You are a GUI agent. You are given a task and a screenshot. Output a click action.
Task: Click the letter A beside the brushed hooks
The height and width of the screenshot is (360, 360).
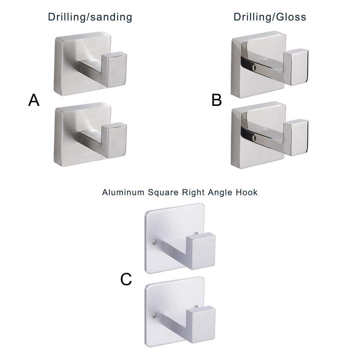pos(34,100)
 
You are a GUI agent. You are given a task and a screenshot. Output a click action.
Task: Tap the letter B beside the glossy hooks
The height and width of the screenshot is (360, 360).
pos(217,100)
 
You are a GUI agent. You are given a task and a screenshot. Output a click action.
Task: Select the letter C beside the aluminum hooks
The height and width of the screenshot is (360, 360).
pos(126,280)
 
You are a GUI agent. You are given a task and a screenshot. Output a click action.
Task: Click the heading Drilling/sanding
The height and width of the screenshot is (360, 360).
pos(90,17)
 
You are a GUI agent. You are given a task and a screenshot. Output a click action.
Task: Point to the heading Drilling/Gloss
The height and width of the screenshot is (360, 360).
pos(270,17)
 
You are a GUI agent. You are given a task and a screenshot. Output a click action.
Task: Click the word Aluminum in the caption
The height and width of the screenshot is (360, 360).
pos(123,192)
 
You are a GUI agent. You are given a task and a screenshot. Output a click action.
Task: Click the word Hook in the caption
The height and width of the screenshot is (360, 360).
pos(247,192)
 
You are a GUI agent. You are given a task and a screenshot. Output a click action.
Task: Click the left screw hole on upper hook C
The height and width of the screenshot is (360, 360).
pos(154,242)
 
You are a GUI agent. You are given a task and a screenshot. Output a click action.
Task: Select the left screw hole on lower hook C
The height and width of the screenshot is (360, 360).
pos(154,314)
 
